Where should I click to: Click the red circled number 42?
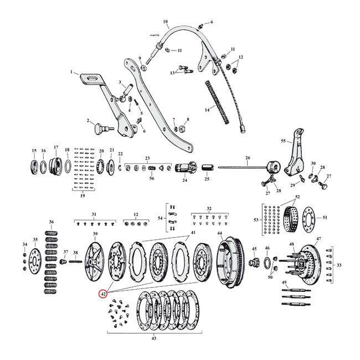103,294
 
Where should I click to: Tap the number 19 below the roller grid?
82,196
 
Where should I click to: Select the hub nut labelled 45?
256,261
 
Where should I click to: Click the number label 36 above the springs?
52,222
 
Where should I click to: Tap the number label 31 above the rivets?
94,214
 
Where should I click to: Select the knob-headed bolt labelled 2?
99,128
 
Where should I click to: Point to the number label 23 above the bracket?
147,158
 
